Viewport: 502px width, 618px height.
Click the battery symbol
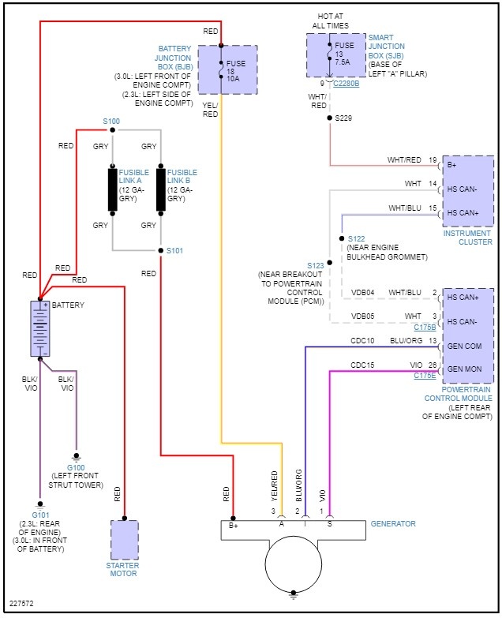(x=39, y=328)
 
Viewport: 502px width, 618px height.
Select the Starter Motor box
(x=124, y=540)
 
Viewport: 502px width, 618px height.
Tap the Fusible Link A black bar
(x=113, y=189)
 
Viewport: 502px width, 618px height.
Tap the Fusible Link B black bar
(x=161, y=189)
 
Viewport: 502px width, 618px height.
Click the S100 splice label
(x=111, y=121)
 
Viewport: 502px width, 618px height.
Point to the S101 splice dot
(x=160, y=251)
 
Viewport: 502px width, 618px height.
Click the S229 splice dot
(x=330, y=118)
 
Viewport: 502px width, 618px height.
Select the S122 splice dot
(x=341, y=238)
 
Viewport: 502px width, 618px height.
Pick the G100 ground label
(x=77, y=466)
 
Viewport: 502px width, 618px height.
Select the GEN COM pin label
(x=466, y=346)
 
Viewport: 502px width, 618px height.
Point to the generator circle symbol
(x=293, y=565)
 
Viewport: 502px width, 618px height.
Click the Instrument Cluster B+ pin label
(x=452, y=165)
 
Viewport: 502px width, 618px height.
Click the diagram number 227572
(x=21, y=605)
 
